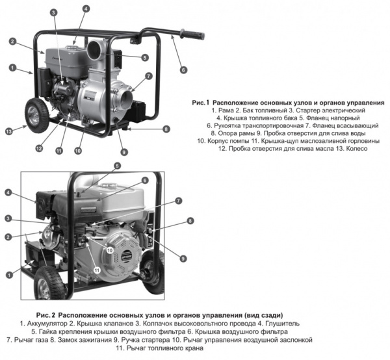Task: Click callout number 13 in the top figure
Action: click(x=8, y=131)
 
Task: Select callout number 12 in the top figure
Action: click(x=39, y=148)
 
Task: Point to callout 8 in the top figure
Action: click(x=166, y=129)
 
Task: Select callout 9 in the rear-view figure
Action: click(x=183, y=258)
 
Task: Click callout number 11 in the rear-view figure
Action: click(x=96, y=270)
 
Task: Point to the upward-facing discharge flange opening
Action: click(x=96, y=47)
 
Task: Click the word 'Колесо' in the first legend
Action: click(x=355, y=148)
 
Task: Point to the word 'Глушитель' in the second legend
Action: click(x=279, y=322)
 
